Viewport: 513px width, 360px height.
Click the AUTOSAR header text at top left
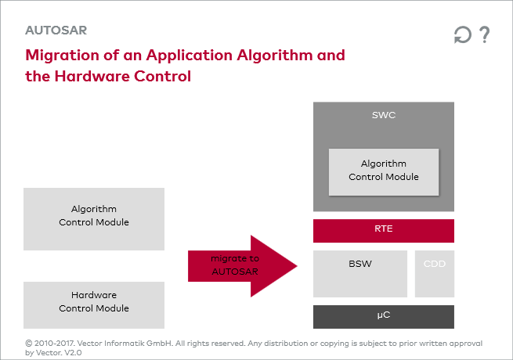click(56, 31)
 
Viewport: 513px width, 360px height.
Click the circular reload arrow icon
click(463, 35)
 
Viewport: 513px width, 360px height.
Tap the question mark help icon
click(485, 35)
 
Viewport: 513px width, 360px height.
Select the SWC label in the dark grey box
click(384, 115)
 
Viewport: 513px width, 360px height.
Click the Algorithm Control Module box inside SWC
click(384, 171)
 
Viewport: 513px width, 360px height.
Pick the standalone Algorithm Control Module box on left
click(94, 215)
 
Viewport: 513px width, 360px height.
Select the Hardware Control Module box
click(94, 302)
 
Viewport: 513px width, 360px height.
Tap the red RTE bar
click(384, 230)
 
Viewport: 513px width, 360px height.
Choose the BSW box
click(360, 273)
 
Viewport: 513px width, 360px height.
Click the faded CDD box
click(435, 273)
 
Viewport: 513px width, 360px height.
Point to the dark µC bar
click(384, 316)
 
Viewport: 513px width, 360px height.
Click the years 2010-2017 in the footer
click(60, 343)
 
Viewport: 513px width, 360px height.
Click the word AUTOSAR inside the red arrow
click(235, 272)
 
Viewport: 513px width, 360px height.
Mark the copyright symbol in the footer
click(29, 343)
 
